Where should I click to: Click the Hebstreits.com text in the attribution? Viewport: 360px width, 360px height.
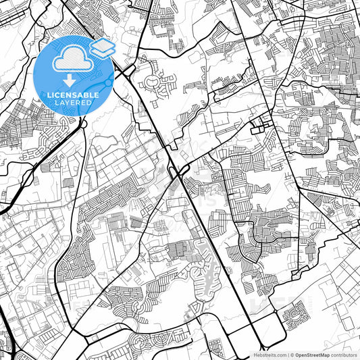point(268,355)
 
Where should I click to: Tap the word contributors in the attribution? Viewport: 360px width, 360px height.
point(344,355)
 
